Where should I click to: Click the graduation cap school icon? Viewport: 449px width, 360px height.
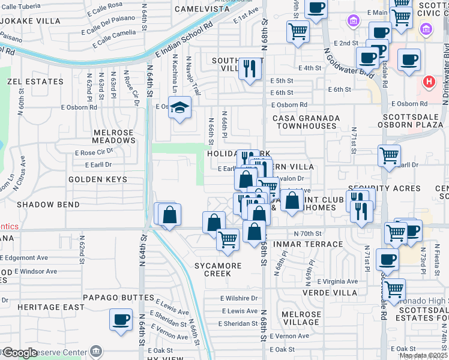(179, 108)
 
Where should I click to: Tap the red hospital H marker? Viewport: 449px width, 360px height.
(429, 81)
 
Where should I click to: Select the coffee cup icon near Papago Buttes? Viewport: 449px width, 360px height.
(121, 319)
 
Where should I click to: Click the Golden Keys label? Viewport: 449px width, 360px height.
(98, 179)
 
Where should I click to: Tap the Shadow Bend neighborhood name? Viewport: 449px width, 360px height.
(48, 205)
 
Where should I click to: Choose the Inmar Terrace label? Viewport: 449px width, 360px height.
(308, 244)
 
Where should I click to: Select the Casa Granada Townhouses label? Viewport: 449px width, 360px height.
(304, 122)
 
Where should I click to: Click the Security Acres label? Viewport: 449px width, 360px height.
(408, 188)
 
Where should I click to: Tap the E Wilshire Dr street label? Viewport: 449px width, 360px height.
(239, 298)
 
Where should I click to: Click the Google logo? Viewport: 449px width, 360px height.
(20, 353)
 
